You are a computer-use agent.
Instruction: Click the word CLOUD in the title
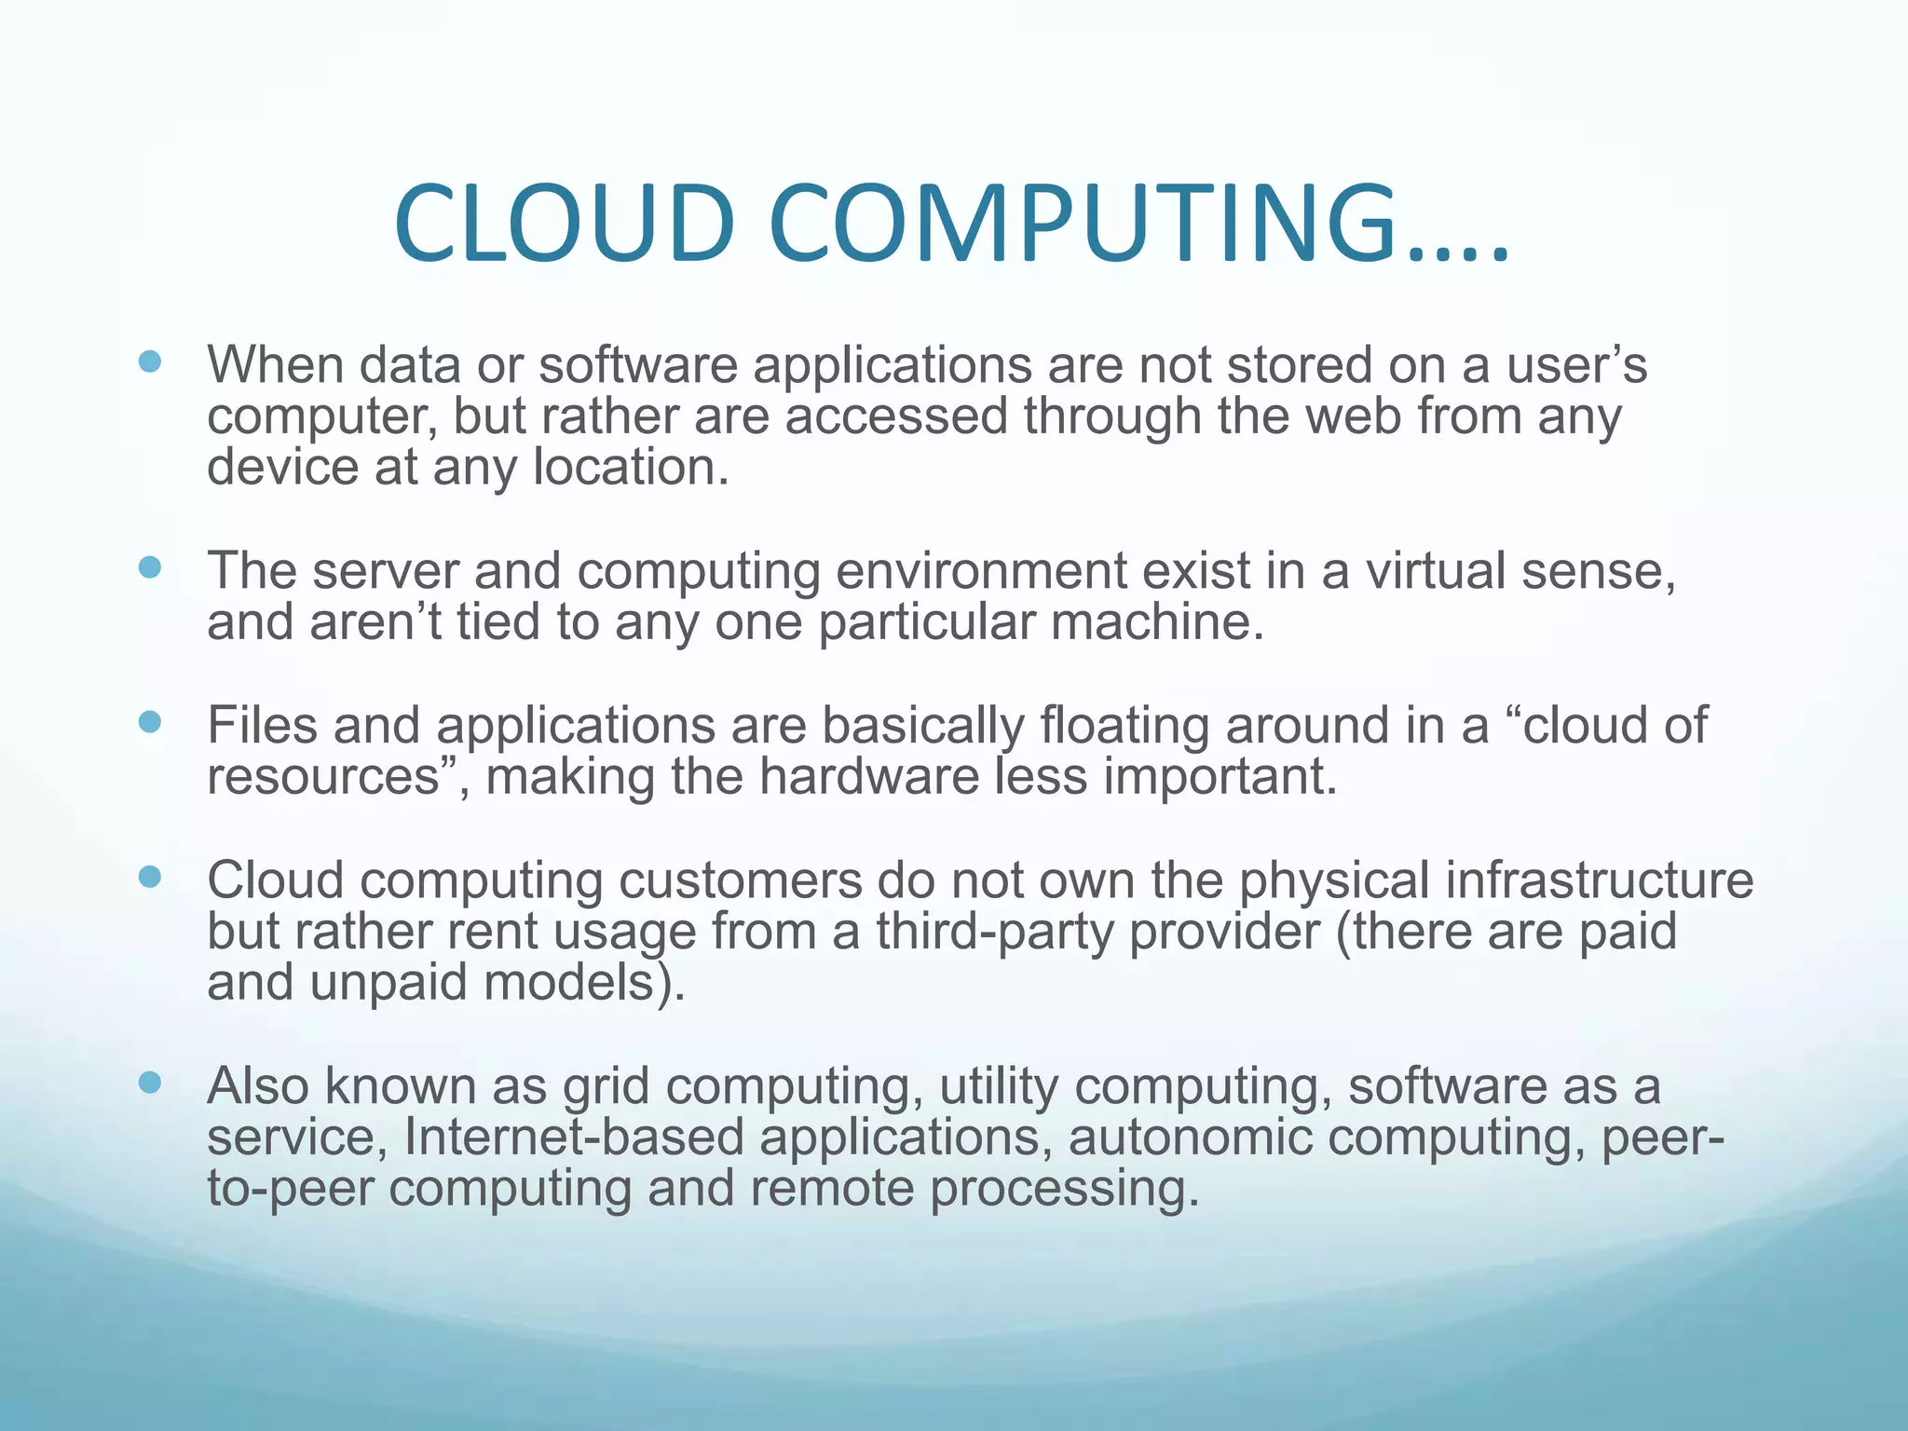[x=565, y=225]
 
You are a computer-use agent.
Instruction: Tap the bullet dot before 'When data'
[x=149, y=361]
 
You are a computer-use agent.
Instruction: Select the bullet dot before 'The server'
[x=149, y=567]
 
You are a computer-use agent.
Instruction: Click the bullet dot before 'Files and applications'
[x=149, y=722]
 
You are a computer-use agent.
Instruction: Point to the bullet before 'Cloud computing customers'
[x=149, y=877]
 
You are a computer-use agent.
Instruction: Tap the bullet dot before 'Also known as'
[x=149, y=1083]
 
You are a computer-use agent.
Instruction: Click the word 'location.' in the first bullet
[x=631, y=467]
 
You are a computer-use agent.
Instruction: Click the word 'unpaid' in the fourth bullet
[x=388, y=983]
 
